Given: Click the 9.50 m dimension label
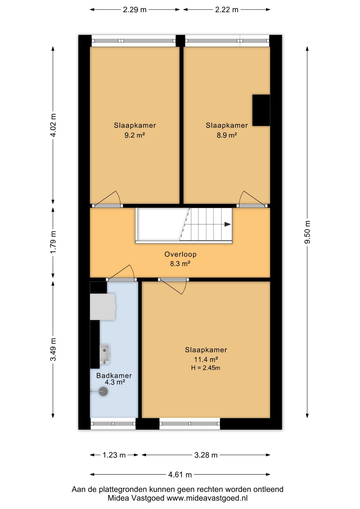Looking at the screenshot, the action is click(x=307, y=232).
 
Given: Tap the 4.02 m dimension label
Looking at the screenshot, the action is click(x=53, y=125).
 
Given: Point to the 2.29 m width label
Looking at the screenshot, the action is click(x=135, y=10).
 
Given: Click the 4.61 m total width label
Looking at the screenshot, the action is click(x=180, y=475).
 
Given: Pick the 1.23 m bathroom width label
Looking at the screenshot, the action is click(x=114, y=455).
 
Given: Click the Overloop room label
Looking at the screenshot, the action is click(x=181, y=254).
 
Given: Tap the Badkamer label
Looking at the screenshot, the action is click(x=114, y=375).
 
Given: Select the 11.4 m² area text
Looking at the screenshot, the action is click(x=206, y=359).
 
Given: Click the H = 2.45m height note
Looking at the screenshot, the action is click(x=206, y=368).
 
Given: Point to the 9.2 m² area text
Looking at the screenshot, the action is click(x=135, y=135).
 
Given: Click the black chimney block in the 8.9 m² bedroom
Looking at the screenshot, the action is click(x=261, y=110).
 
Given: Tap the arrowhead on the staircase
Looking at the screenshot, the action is click(x=228, y=224).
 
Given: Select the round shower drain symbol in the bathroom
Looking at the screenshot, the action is click(x=103, y=392).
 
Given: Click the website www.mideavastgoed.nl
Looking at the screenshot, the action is click(x=207, y=498).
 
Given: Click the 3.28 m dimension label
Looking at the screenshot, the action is click(x=206, y=455).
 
